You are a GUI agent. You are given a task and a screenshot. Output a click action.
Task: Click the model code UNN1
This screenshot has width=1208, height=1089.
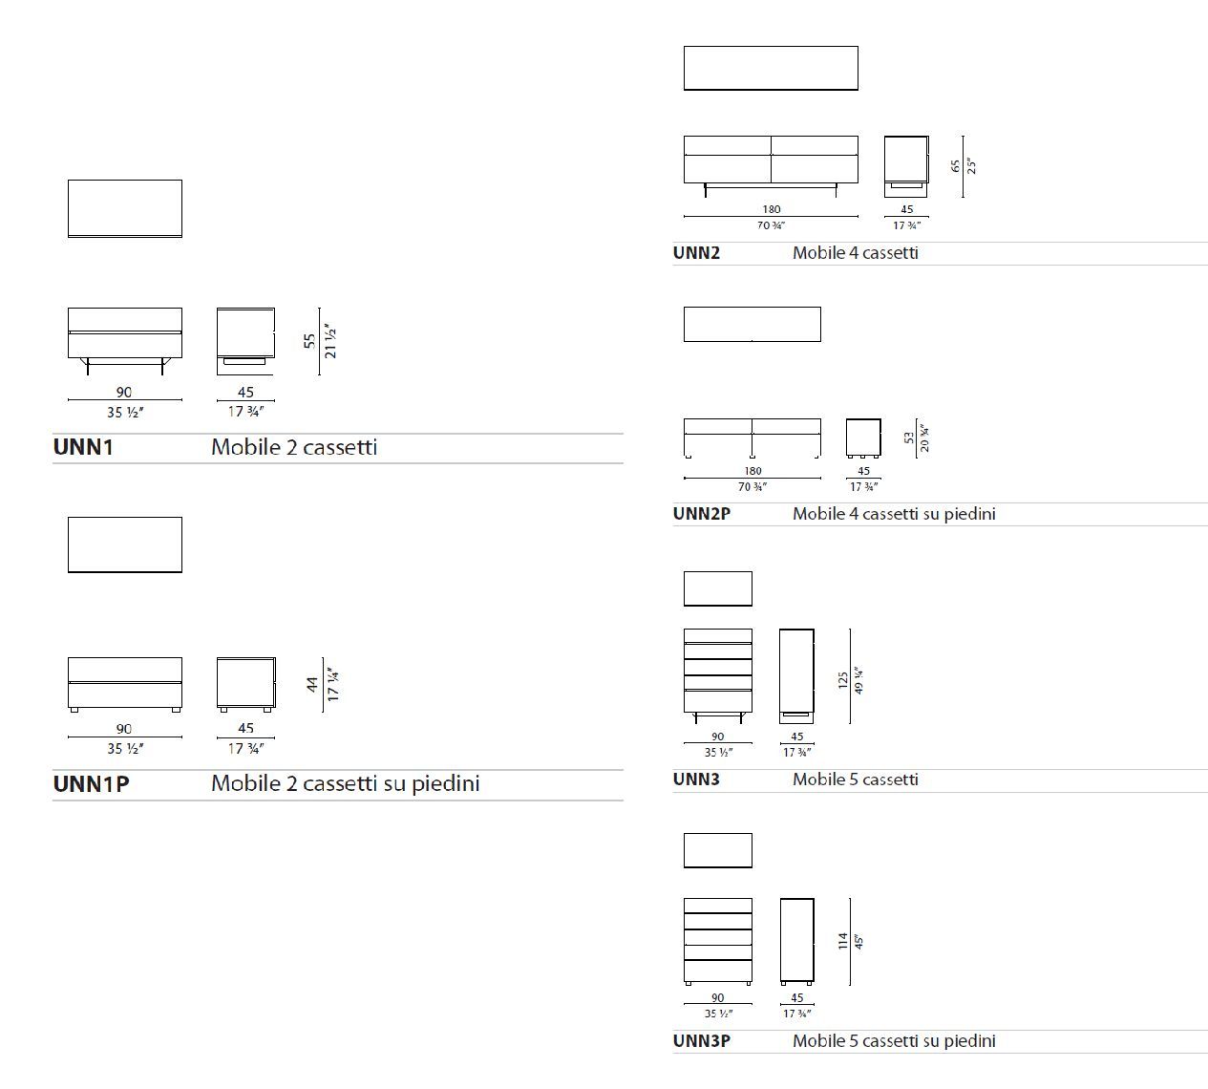pyautogui.click(x=83, y=447)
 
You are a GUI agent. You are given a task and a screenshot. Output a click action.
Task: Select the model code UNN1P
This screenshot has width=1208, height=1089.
pyautogui.click(x=91, y=784)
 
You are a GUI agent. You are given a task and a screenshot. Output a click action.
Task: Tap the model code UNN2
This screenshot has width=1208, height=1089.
pyautogui.click(x=696, y=253)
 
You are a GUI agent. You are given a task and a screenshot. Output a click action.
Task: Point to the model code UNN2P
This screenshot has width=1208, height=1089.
pyautogui.click(x=701, y=514)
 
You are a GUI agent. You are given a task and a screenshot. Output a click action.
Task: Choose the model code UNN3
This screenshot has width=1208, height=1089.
pyautogui.click(x=696, y=779)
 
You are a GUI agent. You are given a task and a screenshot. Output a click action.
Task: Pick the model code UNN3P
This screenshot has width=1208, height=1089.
pyautogui.click(x=701, y=1041)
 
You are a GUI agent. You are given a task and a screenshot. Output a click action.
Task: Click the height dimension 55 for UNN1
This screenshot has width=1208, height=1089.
pyautogui.click(x=309, y=340)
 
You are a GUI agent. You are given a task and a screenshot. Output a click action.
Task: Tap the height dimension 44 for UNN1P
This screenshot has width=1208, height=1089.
pyautogui.click(x=312, y=684)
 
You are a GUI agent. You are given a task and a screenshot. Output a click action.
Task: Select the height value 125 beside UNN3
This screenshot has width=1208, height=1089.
pyautogui.click(x=843, y=680)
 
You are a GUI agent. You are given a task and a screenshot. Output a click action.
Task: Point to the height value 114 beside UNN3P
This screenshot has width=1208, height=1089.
pyautogui.click(x=843, y=941)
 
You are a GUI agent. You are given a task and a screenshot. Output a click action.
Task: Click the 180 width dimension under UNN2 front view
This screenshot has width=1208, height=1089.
pyautogui.click(x=771, y=209)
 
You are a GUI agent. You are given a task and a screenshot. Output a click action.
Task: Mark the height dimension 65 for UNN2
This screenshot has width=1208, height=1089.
pyautogui.click(x=956, y=165)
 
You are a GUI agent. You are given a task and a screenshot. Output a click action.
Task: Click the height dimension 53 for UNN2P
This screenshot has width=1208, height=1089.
pyautogui.click(x=909, y=438)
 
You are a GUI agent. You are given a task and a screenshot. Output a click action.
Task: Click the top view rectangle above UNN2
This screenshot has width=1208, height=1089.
pyautogui.click(x=771, y=68)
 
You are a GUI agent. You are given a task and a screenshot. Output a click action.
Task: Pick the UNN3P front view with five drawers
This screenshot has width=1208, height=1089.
pyautogui.click(x=718, y=941)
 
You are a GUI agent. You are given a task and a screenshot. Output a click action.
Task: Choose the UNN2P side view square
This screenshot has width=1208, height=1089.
pyautogui.click(x=863, y=438)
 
